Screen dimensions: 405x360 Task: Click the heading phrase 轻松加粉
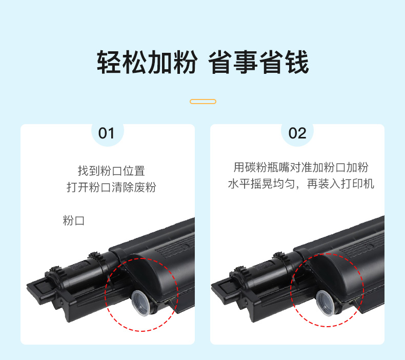tap(147, 62)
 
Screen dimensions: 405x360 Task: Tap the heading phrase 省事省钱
tap(258, 62)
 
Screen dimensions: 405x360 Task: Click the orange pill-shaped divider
tap(203, 102)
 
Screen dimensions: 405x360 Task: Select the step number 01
tap(106, 133)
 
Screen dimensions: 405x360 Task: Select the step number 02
tap(297, 133)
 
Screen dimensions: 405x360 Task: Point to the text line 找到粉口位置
tap(111, 171)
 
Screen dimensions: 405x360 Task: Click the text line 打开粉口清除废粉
tap(111, 187)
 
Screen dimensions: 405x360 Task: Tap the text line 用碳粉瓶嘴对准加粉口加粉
tap(301, 167)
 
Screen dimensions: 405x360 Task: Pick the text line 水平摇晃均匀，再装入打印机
tap(301, 184)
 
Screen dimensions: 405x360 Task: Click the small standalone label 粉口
tap(74, 221)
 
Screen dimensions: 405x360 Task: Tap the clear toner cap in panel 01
tap(140, 303)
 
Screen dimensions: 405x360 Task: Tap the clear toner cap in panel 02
tap(326, 303)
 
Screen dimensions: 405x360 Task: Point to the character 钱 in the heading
tap(297, 62)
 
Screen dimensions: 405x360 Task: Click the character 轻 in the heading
tap(109, 62)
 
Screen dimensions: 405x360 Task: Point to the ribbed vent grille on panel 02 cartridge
tap(361, 244)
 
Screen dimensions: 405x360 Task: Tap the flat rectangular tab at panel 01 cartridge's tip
tap(42, 288)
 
